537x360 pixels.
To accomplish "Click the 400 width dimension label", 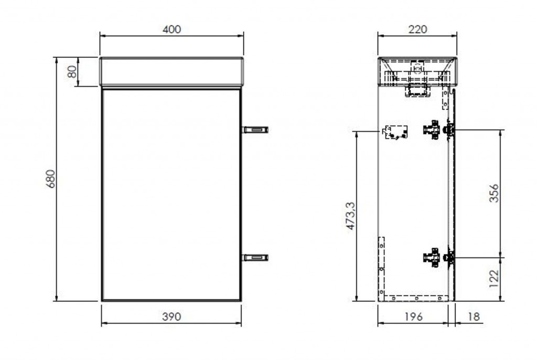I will tap(171, 29).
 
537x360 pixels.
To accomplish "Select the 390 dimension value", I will tap(171, 316).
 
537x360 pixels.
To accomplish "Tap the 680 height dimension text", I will tap(50, 179).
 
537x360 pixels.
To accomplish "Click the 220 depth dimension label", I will tap(417, 29).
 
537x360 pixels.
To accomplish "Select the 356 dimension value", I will tap(493, 193).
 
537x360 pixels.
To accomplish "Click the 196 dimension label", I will tap(413, 317).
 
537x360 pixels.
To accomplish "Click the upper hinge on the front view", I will tap(255, 129).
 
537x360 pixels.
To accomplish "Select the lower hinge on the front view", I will tap(255, 257).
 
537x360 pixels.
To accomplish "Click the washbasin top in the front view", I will tap(171, 71).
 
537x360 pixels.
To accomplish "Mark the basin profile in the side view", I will tap(417, 71).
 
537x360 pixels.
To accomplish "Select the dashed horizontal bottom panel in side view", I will tap(417, 298).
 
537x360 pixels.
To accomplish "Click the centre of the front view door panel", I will tap(171, 194).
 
